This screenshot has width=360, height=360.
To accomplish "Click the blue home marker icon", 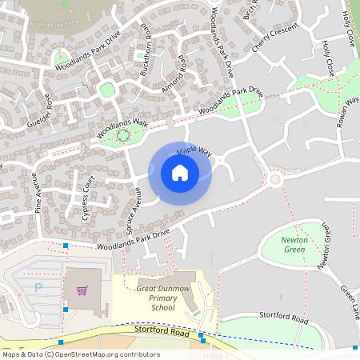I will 180,173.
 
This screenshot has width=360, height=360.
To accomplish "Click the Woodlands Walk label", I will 123,126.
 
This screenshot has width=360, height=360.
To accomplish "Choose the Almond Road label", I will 174,74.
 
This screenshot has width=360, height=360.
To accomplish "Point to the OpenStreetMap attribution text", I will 80,354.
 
